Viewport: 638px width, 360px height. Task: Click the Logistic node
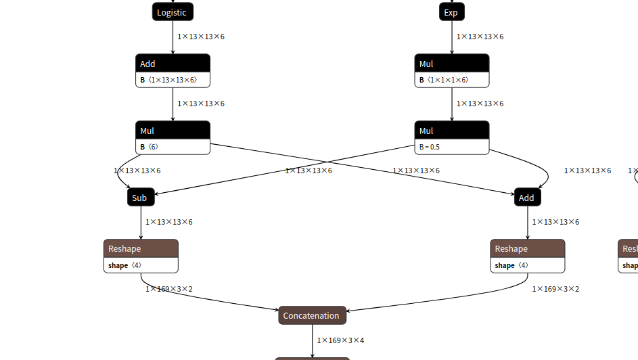pyautogui.click(x=173, y=12)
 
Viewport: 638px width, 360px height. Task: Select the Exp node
pyautogui.click(x=451, y=12)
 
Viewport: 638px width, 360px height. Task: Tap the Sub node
pyautogui.click(x=140, y=198)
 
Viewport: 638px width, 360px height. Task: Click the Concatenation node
pyautogui.click(x=312, y=315)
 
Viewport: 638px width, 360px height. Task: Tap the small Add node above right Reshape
pyautogui.click(x=527, y=198)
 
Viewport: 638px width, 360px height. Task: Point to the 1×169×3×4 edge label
pyautogui.click(x=341, y=340)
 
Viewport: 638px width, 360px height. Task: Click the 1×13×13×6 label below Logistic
pyautogui.click(x=201, y=37)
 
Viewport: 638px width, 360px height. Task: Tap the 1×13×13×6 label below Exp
pyautogui.click(x=480, y=37)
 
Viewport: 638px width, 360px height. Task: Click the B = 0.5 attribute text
pyautogui.click(x=430, y=147)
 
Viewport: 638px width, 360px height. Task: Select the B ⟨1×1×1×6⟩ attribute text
pyautogui.click(x=444, y=80)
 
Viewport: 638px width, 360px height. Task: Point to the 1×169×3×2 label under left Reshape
pyautogui.click(x=169, y=289)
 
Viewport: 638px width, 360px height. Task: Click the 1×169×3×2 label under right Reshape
pyautogui.click(x=555, y=289)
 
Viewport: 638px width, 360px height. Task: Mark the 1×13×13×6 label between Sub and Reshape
pyautogui.click(x=169, y=222)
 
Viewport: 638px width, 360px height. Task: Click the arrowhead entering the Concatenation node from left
pyautogui.click(x=276, y=310)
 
